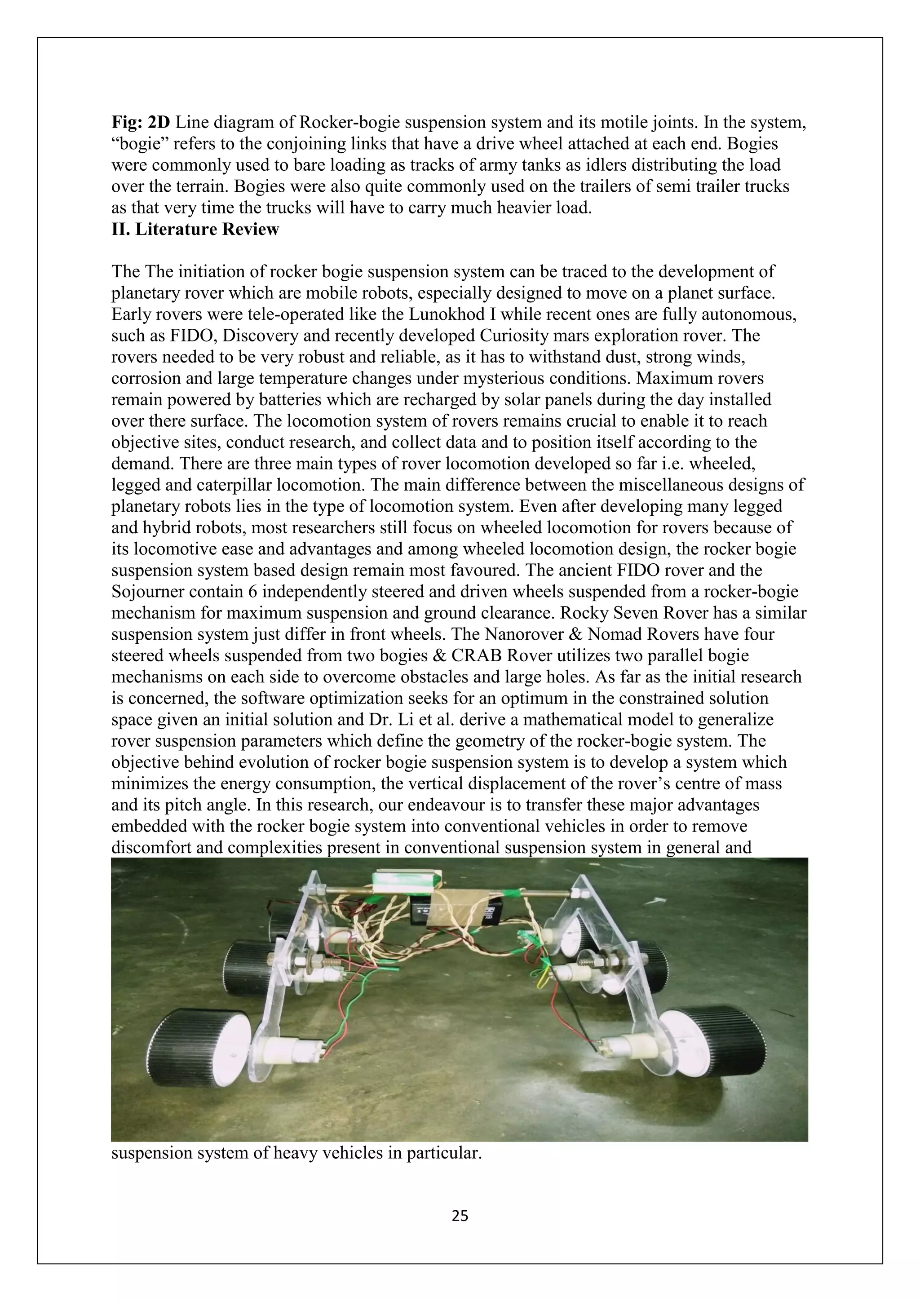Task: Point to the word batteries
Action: click(x=293, y=400)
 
